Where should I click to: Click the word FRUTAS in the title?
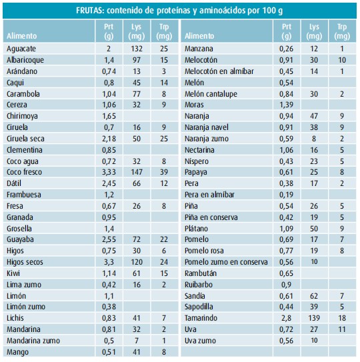tap(90, 11)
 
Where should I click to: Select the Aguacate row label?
tap(21, 49)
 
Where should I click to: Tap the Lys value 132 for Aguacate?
tap(137, 49)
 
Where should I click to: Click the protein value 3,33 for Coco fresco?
tap(109, 172)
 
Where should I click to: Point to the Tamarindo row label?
tap(201, 318)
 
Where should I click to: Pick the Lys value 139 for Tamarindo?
tap(314, 318)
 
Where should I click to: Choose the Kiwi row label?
tap(13, 273)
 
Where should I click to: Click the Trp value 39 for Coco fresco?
tap(164, 172)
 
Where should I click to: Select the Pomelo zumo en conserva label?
tap(226, 262)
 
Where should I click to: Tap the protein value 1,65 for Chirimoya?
tap(109, 116)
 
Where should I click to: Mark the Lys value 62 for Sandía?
tap(314, 296)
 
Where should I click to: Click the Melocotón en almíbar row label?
tap(219, 71)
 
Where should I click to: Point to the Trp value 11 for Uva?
tap(342, 329)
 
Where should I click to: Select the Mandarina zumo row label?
tap(33, 341)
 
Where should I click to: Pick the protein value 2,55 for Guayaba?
tap(109, 239)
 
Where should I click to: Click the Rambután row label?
tap(201, 273)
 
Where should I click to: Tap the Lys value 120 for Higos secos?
tap(137, 262)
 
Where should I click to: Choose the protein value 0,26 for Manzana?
tap(287, 49)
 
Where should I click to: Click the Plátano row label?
tap(196, 229)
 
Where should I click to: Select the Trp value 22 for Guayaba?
tap(164, 239)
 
